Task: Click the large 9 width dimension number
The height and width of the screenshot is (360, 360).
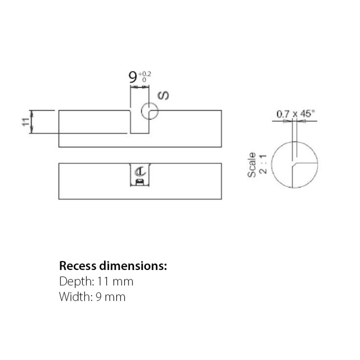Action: click(133, 77)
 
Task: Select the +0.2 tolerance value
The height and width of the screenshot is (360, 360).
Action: click(144, 73)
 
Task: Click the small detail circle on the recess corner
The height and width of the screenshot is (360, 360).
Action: click(149, 110)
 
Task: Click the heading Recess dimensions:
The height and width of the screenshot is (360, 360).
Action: click(113, 265)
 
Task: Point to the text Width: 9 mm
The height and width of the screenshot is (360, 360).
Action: click(92, 297)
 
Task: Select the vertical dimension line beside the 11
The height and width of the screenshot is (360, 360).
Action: click(31, 121)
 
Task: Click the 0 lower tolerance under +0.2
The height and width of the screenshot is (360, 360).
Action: click(144, 80)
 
